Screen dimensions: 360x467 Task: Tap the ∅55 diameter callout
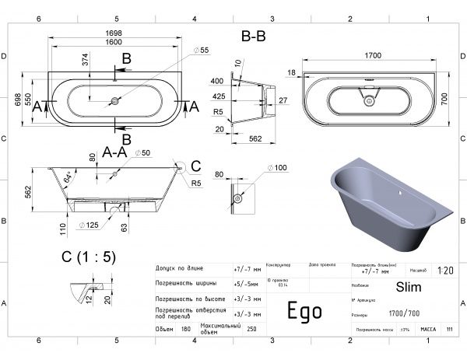204,51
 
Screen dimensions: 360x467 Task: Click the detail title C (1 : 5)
88,258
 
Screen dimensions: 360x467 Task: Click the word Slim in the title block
408,288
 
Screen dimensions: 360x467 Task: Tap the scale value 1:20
446,271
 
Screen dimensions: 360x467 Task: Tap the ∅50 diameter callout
142,153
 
